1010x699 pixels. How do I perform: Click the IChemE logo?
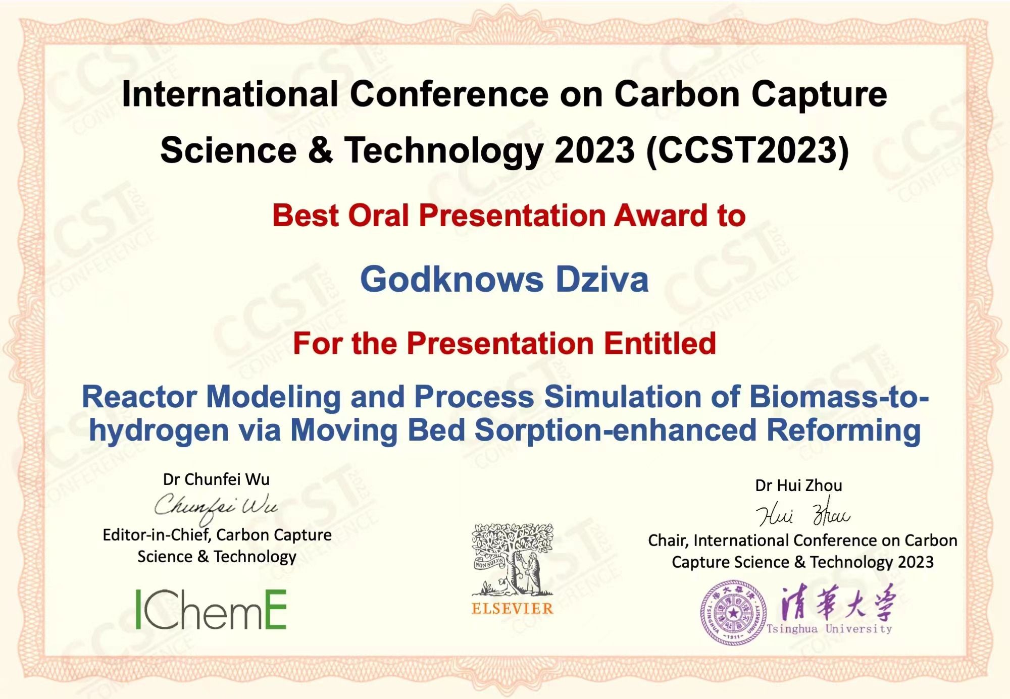211,610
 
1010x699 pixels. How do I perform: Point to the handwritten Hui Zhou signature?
803,512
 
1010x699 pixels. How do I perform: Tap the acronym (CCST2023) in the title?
747,150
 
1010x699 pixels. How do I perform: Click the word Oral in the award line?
378,216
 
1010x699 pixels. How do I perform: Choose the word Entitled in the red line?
660,343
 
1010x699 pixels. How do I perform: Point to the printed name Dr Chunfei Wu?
216,479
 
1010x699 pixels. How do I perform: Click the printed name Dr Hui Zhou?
798,486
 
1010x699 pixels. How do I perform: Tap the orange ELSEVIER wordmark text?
513,609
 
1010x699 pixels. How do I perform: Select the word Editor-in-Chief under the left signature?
157,535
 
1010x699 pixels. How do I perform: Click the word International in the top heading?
230,94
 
